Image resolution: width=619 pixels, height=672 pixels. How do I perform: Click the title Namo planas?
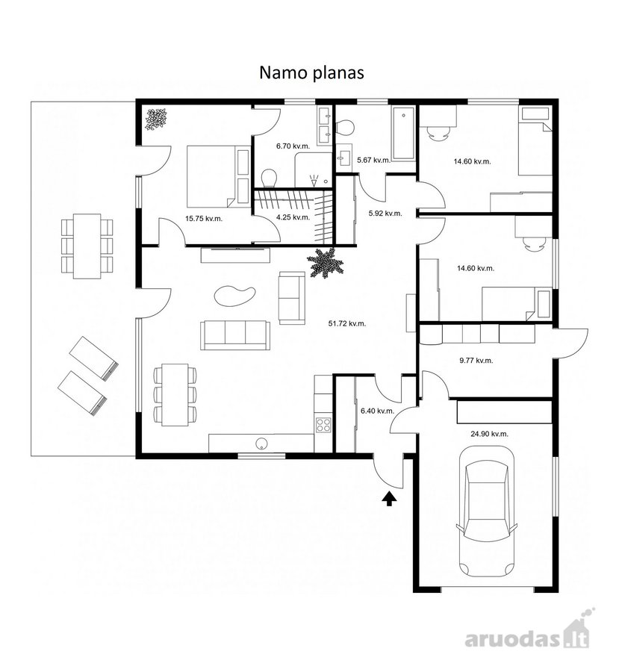tap(311, 73)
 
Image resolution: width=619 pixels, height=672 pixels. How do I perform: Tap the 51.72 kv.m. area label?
tap(347, 323)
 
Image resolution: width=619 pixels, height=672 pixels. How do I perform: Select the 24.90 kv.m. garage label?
tap(490, 434)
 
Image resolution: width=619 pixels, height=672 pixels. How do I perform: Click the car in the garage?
tap(487, 511)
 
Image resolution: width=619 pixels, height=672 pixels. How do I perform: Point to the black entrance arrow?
tap(389, 499)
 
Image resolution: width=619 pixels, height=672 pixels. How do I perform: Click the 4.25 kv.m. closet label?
tap(293, 217)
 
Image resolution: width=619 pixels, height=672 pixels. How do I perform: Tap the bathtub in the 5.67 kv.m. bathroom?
tap(404, 134)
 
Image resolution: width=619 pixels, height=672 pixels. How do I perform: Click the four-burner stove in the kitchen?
tap(323, 424)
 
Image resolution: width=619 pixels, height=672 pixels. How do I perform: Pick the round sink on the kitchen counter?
tap(261, 444)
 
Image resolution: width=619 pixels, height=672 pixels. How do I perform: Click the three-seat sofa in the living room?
tap(235, 335)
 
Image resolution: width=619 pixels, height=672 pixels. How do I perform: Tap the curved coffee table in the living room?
tap(234, 296)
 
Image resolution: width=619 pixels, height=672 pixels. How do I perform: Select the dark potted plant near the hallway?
tap(326, 263)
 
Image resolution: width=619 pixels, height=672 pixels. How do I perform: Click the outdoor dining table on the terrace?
tap(87, 246)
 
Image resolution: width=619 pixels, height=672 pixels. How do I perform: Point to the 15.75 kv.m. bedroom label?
tap(204, 219)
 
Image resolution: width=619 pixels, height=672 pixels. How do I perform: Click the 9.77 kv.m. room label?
tap(476, 361)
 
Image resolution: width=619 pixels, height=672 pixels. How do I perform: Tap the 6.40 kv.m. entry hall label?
tap(377, 411)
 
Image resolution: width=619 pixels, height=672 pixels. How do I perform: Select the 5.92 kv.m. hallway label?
tap(385, 213)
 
